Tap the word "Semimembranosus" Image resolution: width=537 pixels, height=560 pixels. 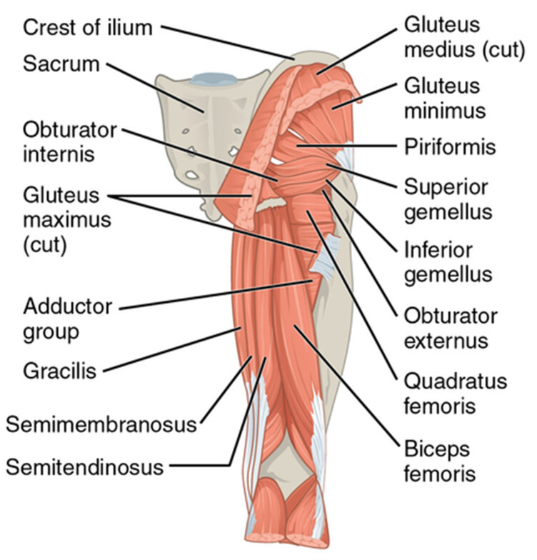(101, 425)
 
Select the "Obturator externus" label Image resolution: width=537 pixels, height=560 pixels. (451, 327)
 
